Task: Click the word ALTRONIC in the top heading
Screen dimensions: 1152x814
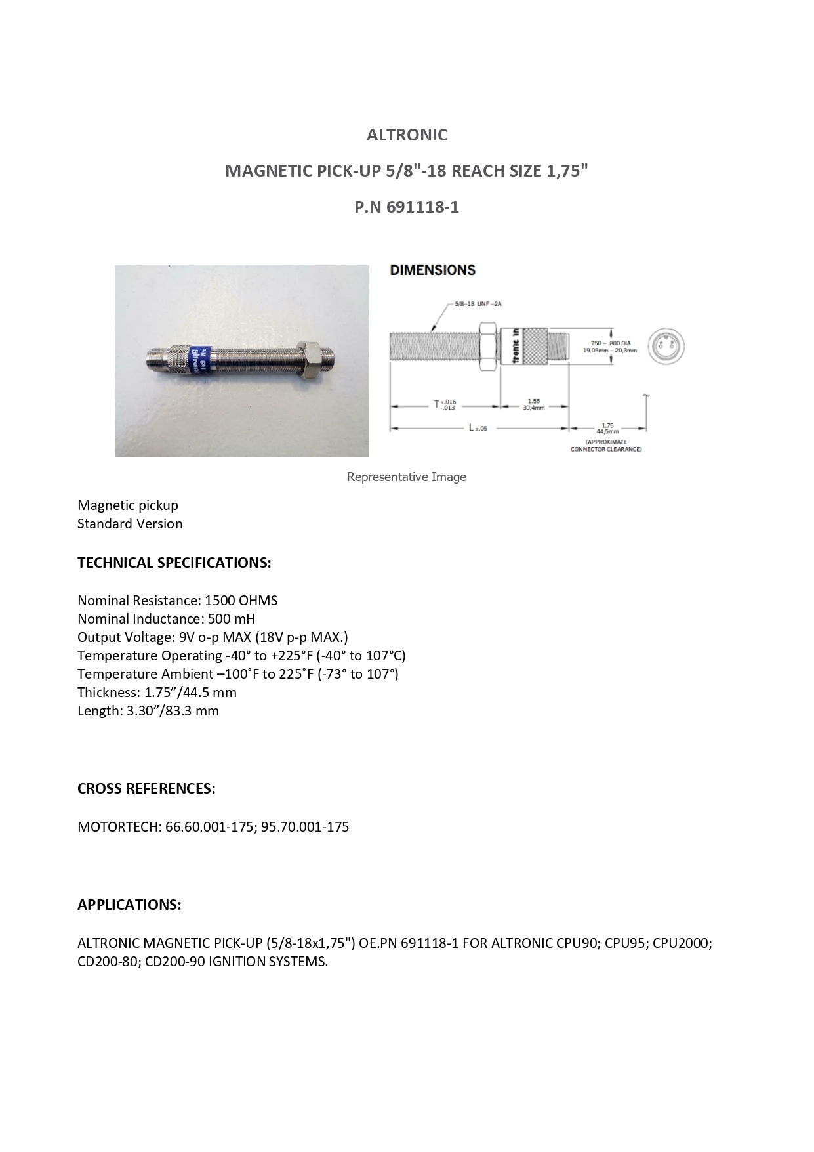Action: tap(407, 135)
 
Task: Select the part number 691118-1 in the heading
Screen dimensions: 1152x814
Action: tap(422, 207)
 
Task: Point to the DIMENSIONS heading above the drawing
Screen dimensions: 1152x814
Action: tap(432, 270)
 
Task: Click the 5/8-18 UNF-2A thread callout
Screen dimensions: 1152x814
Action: tap(478, 304)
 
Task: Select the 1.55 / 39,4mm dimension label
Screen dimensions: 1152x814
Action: tap(533, 404)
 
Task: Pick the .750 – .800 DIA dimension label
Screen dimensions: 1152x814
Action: tap(609, 347)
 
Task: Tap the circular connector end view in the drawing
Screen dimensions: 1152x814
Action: tap(666, 345)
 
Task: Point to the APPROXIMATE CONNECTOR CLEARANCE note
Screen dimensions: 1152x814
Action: tap(606, 446)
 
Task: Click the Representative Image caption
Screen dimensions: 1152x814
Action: tap(406, 477)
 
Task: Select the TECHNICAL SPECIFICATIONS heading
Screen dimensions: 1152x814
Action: tap(174, 563)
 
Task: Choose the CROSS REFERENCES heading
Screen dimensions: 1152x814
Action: tap(146, 788)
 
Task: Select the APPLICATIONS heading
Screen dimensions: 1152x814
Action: tap(129, 905)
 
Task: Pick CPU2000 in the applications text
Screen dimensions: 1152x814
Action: tap(682, 943)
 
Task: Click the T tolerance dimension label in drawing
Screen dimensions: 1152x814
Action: tap(445, 404)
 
